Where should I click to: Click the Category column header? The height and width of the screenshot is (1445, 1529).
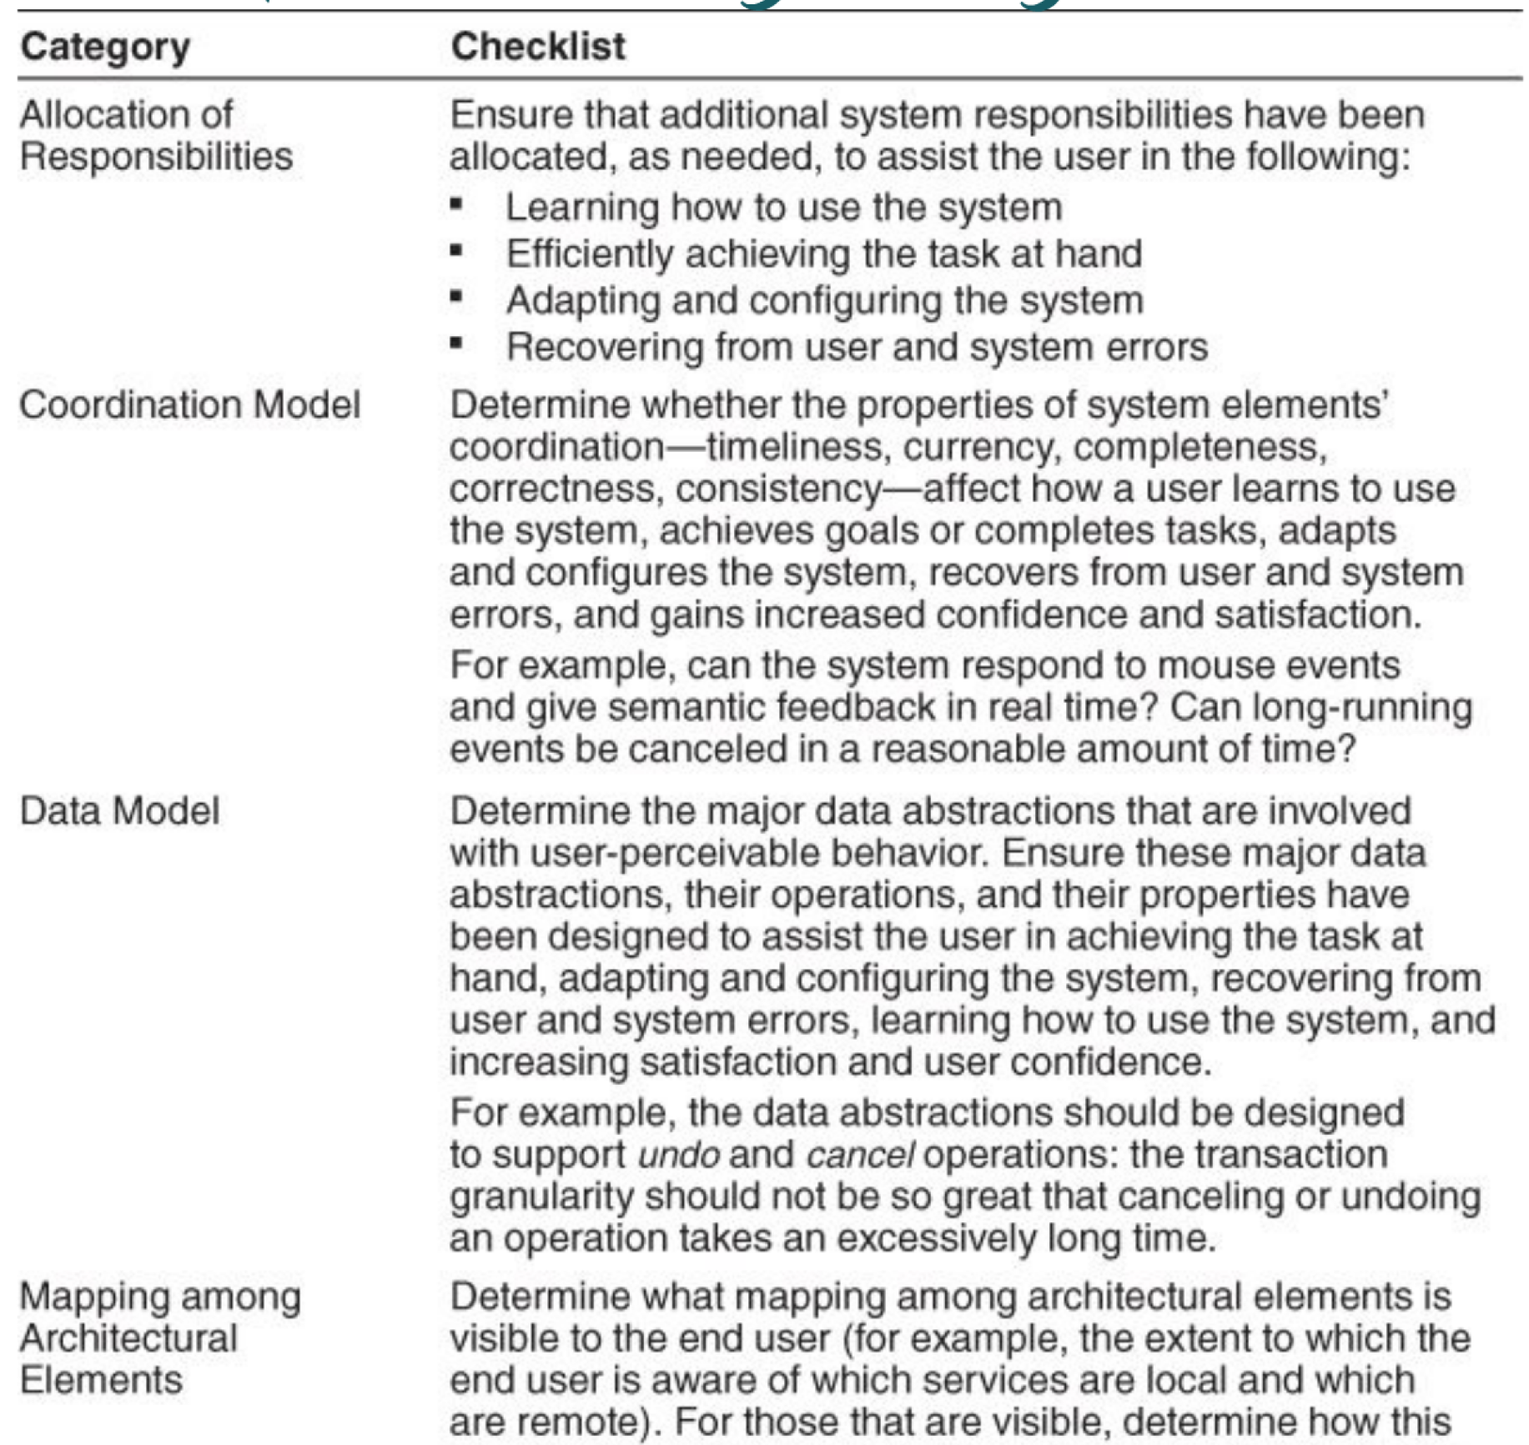[x=105, y=47]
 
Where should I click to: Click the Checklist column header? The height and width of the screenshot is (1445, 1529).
[x=538, y=46]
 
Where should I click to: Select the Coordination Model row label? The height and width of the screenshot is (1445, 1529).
[x=189, y=405]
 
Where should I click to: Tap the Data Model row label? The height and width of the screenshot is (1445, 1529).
[x=119, y=810]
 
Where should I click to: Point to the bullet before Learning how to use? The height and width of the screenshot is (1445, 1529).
[x=456, y=204]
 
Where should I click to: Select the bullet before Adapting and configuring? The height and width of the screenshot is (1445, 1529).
[x=456, y=297]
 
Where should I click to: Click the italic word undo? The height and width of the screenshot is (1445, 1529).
[x=678, y=1156]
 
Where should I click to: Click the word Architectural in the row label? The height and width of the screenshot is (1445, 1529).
[x=128, y=1338]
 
